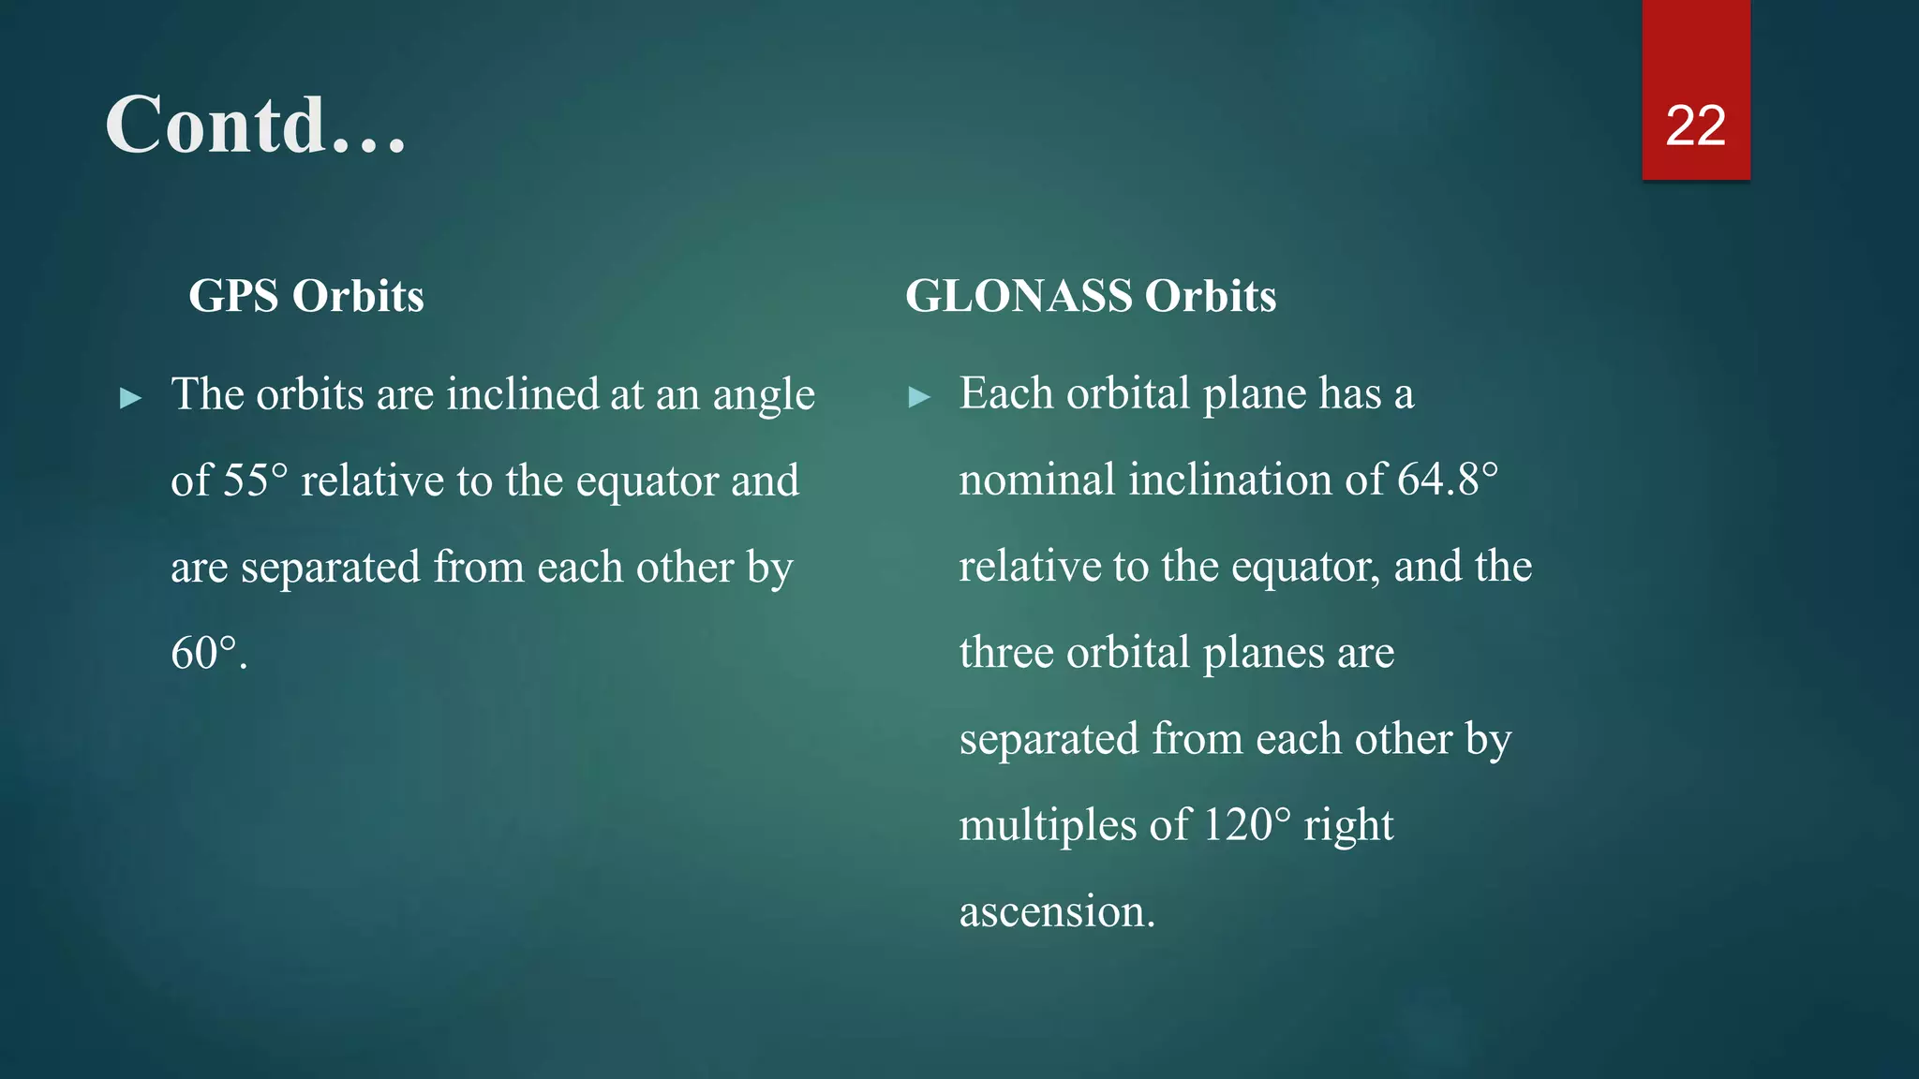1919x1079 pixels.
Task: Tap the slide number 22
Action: [1695, 126]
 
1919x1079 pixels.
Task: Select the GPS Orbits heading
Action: [306, 296]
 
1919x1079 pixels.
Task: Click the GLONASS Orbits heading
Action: [1090, 296]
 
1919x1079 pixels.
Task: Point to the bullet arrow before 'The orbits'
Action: [131, 399]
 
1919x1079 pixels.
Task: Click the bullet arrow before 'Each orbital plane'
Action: [919, 398]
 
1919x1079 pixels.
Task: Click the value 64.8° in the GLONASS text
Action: [1447, 480]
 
